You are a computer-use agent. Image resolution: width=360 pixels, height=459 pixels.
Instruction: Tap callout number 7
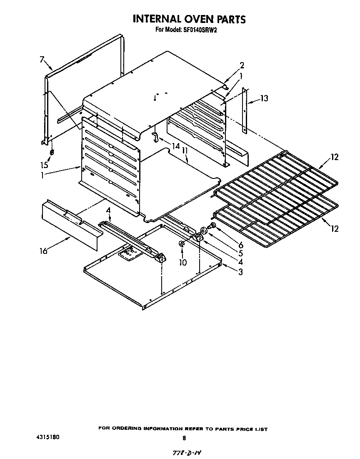point(42,60)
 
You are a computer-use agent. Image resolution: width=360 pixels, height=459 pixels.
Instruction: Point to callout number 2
point(242,65)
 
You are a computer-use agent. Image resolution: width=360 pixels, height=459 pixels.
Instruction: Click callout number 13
point(264,98)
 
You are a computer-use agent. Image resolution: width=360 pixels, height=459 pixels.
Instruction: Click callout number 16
point(43,251)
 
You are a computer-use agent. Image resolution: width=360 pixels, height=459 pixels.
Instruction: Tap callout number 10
point(183,262)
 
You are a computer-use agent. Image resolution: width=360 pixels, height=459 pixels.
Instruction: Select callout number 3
point(240,272)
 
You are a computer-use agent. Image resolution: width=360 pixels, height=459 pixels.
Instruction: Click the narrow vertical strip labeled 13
point(245,110)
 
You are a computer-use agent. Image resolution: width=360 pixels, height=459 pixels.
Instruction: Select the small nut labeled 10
point(182,243)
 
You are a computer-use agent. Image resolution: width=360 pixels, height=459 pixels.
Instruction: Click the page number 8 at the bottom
point(184,438)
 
